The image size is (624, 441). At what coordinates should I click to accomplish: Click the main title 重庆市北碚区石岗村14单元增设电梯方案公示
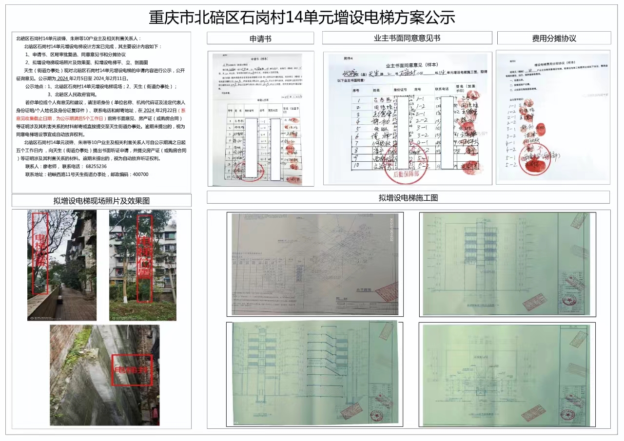302,18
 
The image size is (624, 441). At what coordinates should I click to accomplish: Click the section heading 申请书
260,38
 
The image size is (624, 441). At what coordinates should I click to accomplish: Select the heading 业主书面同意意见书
407,38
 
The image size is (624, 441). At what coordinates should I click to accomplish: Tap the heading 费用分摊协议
554,38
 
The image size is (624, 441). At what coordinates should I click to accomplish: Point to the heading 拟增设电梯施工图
408,198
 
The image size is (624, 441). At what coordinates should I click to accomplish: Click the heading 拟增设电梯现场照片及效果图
101,201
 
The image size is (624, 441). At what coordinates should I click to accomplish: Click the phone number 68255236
96,166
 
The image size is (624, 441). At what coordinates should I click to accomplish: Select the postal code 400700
138,174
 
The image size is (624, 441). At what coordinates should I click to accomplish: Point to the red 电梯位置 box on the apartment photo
144,258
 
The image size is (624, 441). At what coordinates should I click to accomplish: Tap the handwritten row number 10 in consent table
358,167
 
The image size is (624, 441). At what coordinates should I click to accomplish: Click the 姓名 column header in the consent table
376,90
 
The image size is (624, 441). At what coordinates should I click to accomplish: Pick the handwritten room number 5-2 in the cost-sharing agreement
510,165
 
